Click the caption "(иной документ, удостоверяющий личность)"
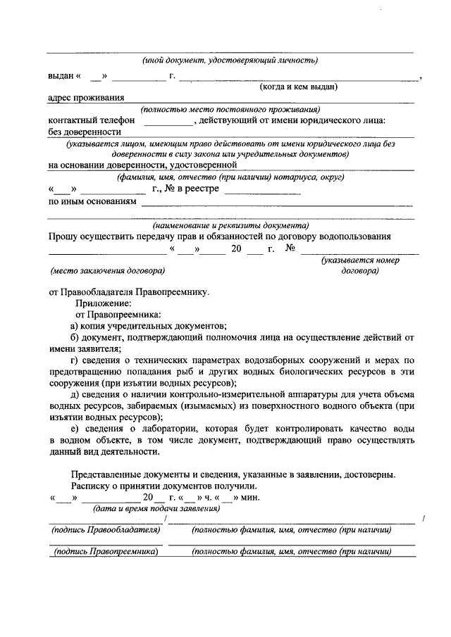[230, 61]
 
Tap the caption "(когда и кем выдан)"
[299, 87]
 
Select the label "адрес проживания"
[87, 98]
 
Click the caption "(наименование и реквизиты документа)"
[230, 226]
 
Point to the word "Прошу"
[65, 237]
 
